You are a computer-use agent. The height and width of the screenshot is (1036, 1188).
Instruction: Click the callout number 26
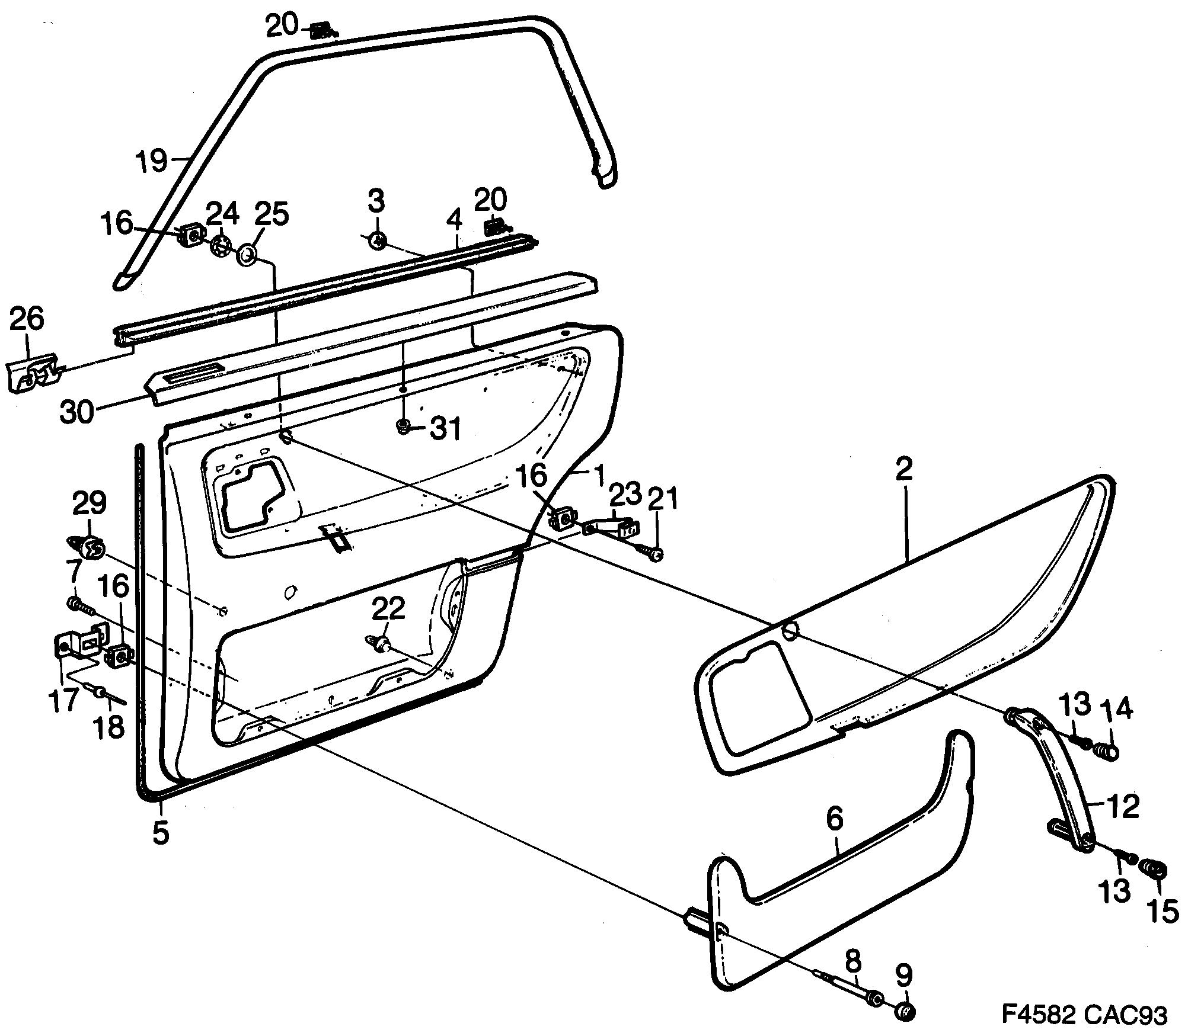point(27,320)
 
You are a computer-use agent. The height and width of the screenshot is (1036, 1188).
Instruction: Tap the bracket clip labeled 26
point(33,373)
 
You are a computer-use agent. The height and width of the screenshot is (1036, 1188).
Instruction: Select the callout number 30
point(77,412)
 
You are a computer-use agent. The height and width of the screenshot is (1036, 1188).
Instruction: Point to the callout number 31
point(445,429)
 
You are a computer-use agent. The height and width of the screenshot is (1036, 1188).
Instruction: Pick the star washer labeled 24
point(221,246)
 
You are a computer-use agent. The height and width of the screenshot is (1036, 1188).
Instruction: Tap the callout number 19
point(151,161)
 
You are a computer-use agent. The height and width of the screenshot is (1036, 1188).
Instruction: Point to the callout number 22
point(388,608)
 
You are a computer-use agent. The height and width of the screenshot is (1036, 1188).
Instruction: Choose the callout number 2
point(905,469)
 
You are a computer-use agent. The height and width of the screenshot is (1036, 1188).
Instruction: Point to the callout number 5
point(161,832)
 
